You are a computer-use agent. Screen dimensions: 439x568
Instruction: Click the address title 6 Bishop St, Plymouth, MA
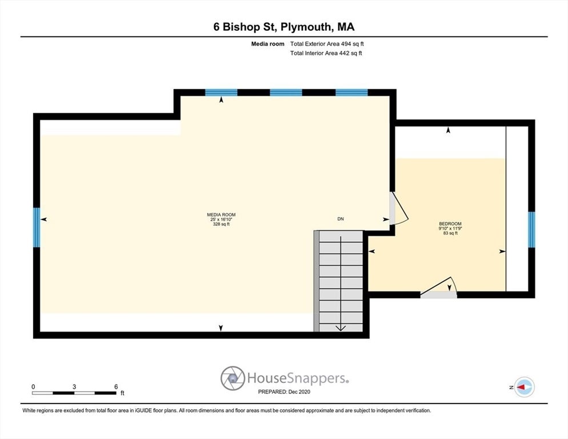[284, 27]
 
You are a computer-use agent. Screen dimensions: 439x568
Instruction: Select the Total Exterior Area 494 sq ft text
[326, 43]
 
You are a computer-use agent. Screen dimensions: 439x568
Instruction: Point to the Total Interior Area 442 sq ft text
[326, 53]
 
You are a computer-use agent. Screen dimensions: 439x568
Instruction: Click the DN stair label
[341, 219]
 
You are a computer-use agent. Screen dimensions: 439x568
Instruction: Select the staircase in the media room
[341, 280]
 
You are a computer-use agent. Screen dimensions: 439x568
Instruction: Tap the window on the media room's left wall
[37, 227]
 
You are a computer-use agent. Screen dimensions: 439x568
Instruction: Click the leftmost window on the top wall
[221, 92]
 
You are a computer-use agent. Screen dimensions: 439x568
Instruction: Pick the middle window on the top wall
[286, 92]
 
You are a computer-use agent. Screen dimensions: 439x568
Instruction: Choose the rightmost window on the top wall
[351, 92]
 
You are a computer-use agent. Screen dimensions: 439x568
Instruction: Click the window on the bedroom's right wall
[531, 229]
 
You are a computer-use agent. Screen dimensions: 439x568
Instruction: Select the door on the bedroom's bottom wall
[439, 290]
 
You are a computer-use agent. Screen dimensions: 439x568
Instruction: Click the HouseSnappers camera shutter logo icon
[233, 378]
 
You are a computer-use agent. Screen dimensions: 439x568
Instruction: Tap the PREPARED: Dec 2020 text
[284, 392]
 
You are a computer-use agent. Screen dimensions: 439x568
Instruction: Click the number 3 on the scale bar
[74, 386]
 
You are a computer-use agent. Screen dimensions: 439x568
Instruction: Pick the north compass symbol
[523, 387]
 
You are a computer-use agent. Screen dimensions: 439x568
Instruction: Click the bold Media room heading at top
[268, 43]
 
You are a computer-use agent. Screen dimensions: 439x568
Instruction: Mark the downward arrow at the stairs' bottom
[341, 328]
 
